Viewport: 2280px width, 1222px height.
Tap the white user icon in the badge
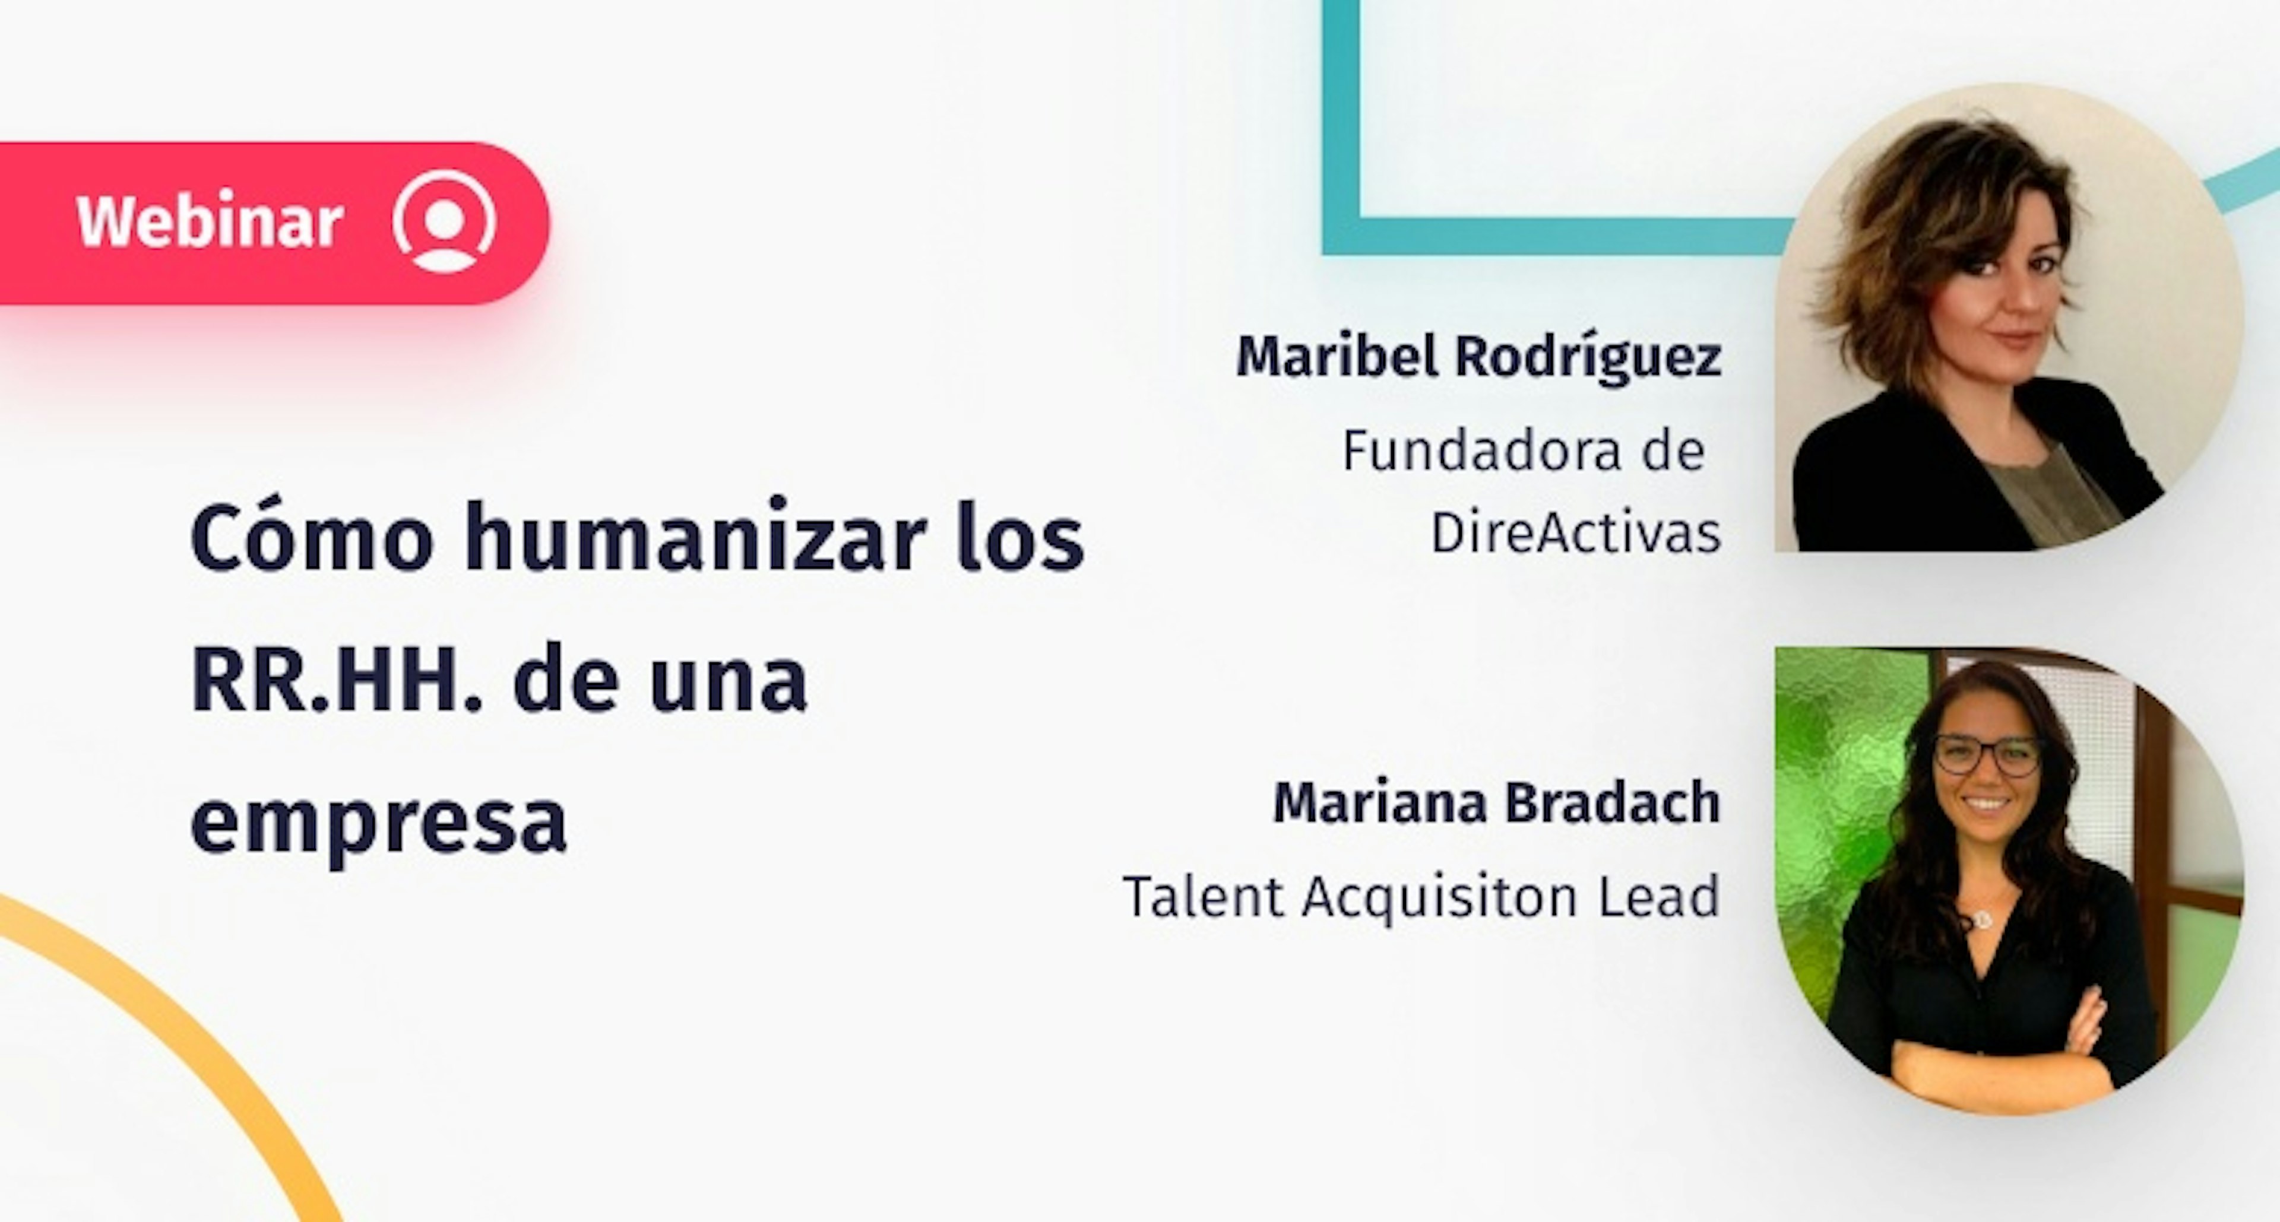(444, 221)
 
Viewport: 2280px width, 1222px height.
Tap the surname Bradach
(1613, 802)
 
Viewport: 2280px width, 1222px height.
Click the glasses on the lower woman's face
(1987, 756)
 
